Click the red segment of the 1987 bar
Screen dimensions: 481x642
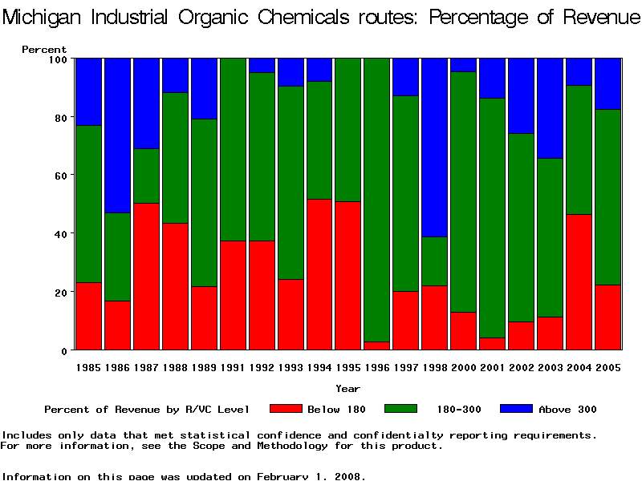(x=146, y=277)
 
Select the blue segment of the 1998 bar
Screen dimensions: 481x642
(x=435, y=148)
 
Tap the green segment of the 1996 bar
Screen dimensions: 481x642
(x=377, y=200)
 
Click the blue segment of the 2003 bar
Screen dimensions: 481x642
(x=551, y=108)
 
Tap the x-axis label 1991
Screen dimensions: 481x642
(x=233, y=367)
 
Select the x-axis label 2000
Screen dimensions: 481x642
(x=464, y=367)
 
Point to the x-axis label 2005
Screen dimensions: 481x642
(x=608, y=367)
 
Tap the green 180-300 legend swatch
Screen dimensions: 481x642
(x=400, y=409)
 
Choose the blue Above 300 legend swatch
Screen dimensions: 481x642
(x=516, y=409)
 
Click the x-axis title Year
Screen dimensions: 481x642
(x=347, y=389)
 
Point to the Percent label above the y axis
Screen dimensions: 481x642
(x=44, y=50)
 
